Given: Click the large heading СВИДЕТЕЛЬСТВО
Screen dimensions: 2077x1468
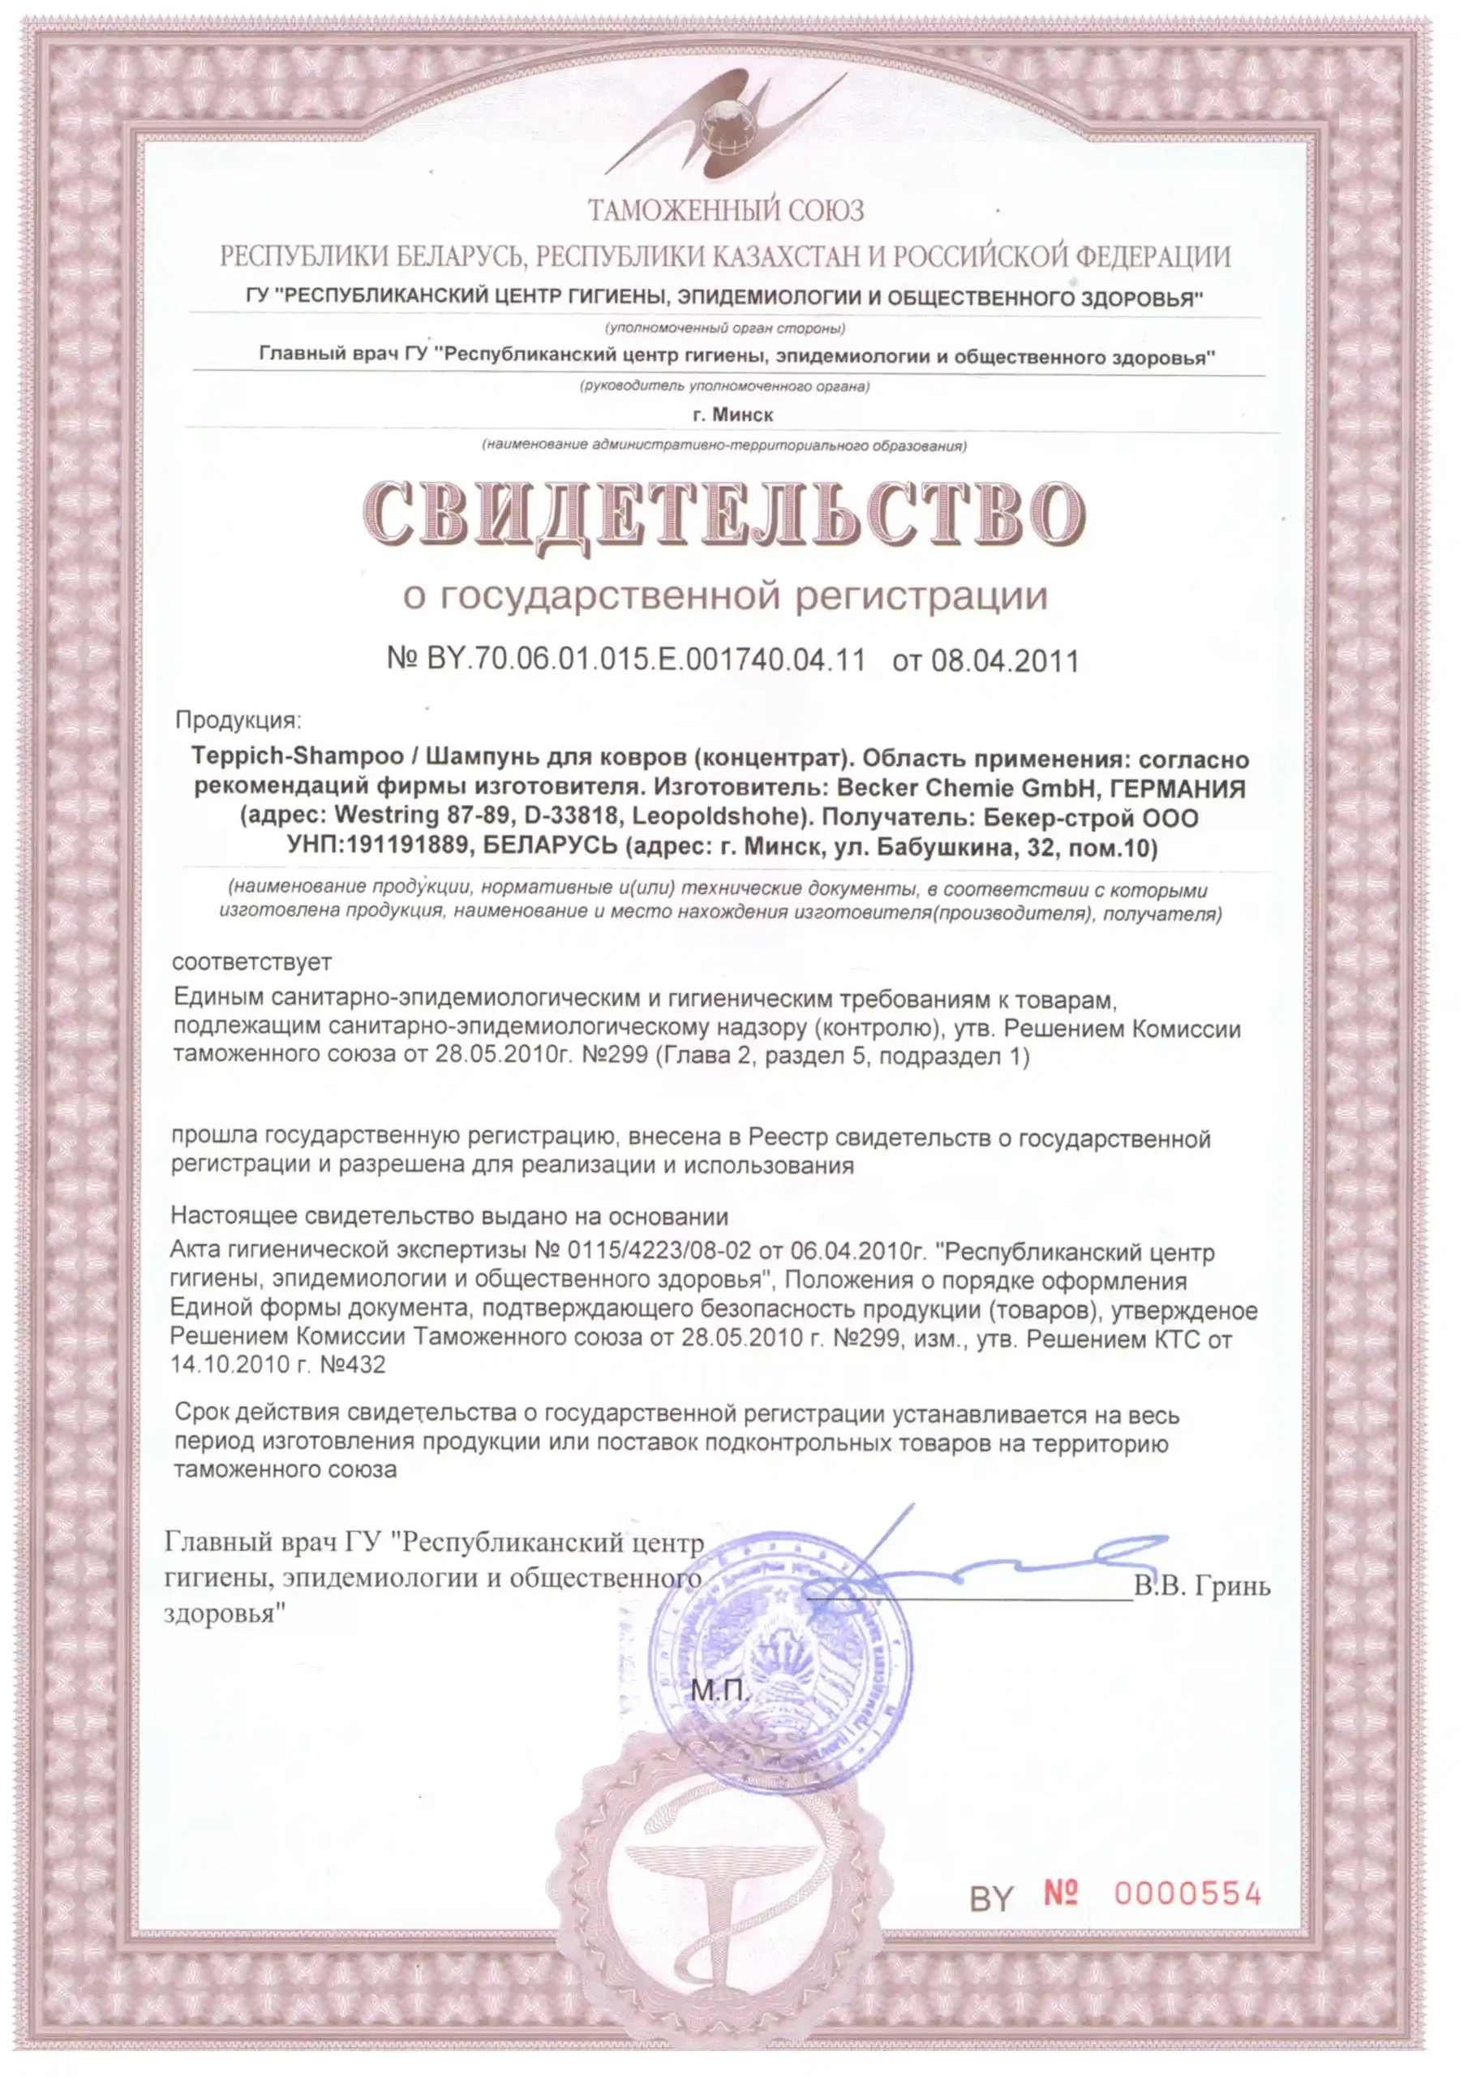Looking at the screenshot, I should pyautogui.click(x=724, y=513).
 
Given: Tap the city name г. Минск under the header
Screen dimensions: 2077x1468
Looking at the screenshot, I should pyautogui.click(x=732, y=415).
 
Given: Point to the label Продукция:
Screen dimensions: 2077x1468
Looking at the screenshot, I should pyautogui.click(x=238, y=720).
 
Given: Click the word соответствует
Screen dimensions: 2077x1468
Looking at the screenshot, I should pyautogui.click(x=251, y=961).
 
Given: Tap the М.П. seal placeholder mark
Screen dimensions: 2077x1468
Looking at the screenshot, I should pyautogui.click(x=719, y=1689).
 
